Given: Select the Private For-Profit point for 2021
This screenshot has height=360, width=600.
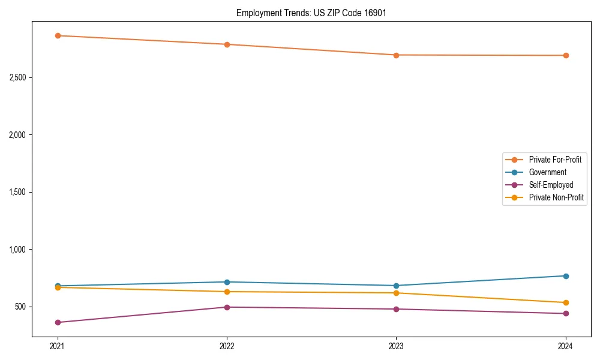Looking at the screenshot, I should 58,35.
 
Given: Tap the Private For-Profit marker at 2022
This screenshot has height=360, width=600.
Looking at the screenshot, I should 227,44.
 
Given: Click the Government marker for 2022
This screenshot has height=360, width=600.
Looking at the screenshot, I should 227,282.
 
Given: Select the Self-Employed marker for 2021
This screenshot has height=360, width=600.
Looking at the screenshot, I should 58,322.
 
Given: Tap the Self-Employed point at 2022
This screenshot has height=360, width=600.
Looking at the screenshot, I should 227,307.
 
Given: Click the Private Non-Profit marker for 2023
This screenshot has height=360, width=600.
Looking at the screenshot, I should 396,293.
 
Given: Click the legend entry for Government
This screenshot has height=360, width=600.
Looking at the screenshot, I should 547,172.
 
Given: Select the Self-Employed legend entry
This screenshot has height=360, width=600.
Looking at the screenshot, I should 551,185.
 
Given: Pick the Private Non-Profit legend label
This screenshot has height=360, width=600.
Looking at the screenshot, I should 556,197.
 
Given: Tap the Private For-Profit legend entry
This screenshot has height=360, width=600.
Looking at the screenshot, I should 555,160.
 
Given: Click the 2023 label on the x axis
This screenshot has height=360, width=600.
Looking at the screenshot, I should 396,346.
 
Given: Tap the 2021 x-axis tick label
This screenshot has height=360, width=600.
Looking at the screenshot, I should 58,346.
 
